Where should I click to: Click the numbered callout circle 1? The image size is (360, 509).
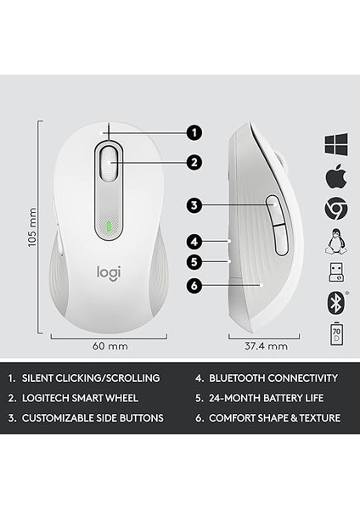(x=194, y=132)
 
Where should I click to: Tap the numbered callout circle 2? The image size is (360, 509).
(x=194, y=161)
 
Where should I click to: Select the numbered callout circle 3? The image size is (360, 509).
(x=194, y=204)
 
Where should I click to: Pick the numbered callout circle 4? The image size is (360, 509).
(x=194, y=241)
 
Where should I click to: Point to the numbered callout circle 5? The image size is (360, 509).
(x=194, y=262)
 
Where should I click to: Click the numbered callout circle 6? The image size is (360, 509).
(x=194, y=286)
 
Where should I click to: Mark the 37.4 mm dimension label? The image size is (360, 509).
(x=266, y=346)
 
